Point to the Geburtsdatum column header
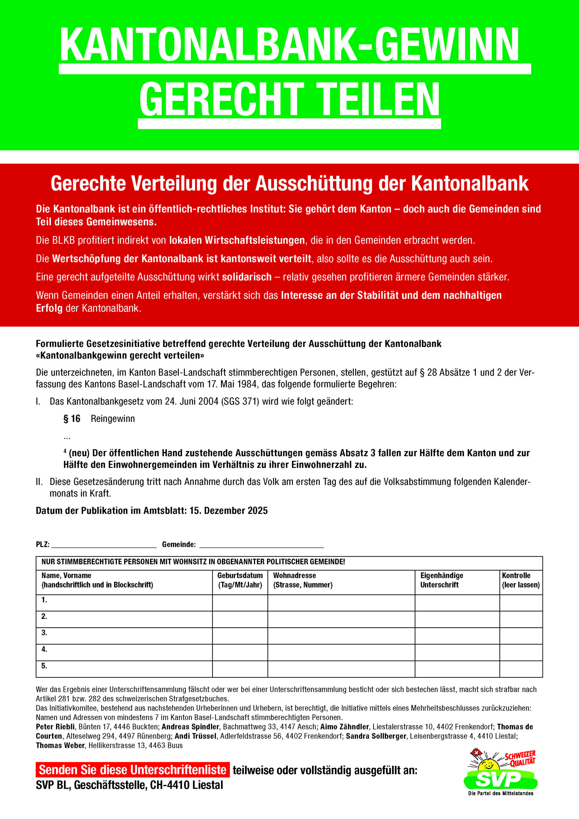(x=240, y=580)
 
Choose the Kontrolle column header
(x=520, y=580)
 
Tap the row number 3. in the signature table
(x=44, y=632)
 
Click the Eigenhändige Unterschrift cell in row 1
(x=457, y=602)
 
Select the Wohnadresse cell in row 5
(x=341, y=669)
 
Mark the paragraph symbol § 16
(x=72, y=419)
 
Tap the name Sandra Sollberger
(x=376, y=736)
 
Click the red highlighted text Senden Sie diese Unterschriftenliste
(x=132, y=770)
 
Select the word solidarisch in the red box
(x=247, y=277)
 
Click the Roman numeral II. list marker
(x=39, y=482)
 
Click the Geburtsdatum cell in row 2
(x=240, y=619)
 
